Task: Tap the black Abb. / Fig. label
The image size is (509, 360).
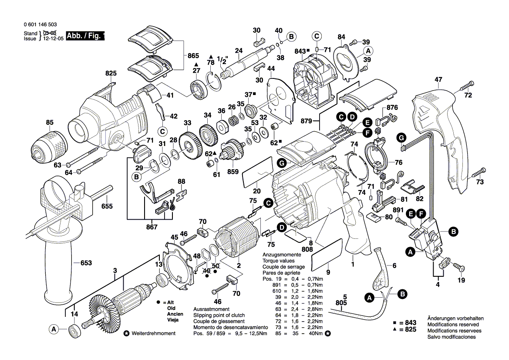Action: [85, 36]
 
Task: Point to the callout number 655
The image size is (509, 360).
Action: [106, 207]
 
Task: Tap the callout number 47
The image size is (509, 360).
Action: [438, 80]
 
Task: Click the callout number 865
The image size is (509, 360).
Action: [193, 56]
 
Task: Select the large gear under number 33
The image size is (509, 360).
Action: [188, 143]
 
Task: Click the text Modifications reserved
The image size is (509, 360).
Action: [453, 325]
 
